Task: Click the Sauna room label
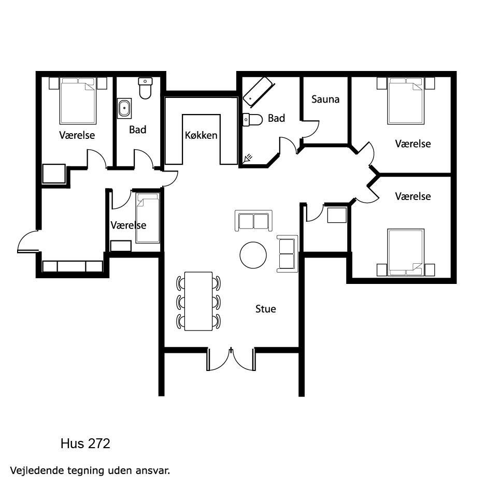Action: pyautogui.click(x=325, y=99)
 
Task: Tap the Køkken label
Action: pyautogui.click(x=201, y=135)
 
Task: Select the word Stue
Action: pyautogui.click(x=266, y=309)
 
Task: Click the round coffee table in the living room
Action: pyautogui.click(x=253, y=255)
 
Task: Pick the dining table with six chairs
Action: pyautogui.click(x=198, y=301)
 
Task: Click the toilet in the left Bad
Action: pyautogui.click(x=145, y=88)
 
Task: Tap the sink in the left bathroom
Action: pyautogui.click(x=124, y=108)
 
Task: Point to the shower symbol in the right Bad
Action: pyautogui.click(x=248, y=159)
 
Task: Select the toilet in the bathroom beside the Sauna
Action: pyautogui.click(x=253, y=119)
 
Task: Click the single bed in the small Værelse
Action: pyautogui.click(x=148, y=218)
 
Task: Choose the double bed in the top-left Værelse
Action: pyautogui.click(x=78, y=101)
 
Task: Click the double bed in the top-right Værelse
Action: pyautogui.click(x=406, y=101)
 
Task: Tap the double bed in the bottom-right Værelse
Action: pyautogui.click(x=406, y=252)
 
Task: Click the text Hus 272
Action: pyautogui.click(x=85, y=444)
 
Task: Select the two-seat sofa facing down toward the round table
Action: pyautogui.click(x=253, y=220)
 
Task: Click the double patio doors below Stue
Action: pyautogui.click(x=231, y=360)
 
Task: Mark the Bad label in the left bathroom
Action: pyautogui.click(x=138, y=130)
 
